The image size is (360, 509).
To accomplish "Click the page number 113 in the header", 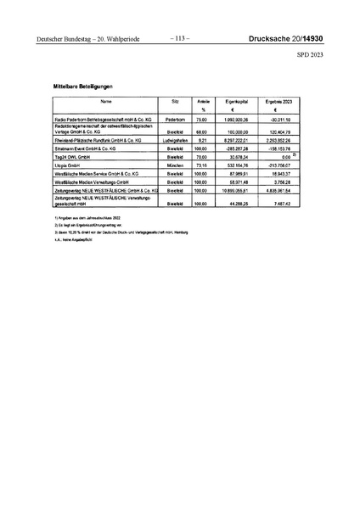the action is point(180,38).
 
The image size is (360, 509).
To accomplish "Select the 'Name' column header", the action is point(105,101).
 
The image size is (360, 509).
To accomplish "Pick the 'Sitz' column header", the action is point(176,101).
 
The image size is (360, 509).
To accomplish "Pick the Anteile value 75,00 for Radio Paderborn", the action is point(203,120).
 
